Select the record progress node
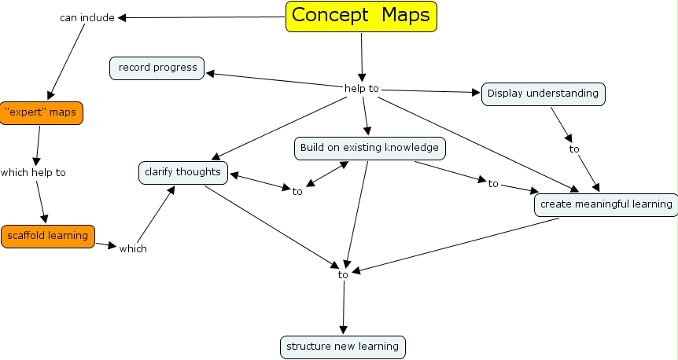click(x=157, y=68)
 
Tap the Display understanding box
click(x=543, y=94)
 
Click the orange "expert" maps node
click(x=40, y=112)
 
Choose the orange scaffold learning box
click(x=47, y=236)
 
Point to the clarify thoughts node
click(x=183, y=172)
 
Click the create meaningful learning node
click(x=606, y=204)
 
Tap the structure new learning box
click(x=342, y=346)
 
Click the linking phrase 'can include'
click(x=87, y=17)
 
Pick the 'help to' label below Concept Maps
click(x=362, y=88)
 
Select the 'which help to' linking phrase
click(x=33, y=172)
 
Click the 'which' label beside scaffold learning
click(x=133, y=248)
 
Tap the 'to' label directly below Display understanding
click(x=574, y=149)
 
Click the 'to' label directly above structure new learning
click(x=343, y=274)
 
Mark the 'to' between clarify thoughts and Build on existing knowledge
click(x=297, y=190)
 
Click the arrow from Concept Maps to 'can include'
click(x=201, y=17)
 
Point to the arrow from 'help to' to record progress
click(x=271, y=81)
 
